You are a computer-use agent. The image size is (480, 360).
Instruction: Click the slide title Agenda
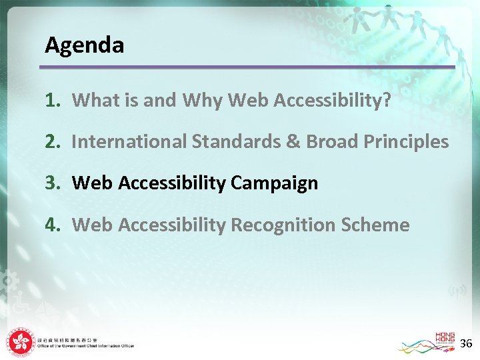tap(84, 45)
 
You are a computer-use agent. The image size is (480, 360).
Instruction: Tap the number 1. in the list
tap(53, 100)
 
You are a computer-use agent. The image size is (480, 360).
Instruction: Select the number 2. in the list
tap(53, 141)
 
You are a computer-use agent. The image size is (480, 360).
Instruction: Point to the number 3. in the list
tap(53, 183)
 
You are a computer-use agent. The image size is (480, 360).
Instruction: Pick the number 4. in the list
tap(53, 225)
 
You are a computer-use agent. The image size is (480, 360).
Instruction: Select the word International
tap(129, 141)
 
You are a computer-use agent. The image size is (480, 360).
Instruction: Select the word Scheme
tap(376, 225)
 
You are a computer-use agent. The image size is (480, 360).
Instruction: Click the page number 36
tap(466, 343)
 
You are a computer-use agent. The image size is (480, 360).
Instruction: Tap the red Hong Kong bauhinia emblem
tap(19, 342)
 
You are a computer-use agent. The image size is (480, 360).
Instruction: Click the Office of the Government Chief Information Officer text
tap(85, 346)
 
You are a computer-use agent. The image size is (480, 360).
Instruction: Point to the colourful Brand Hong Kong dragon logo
tap(427, 343)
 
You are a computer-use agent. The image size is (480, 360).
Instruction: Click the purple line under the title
tap(247, 67)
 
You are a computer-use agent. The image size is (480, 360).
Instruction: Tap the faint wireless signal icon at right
tap(457, 291)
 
